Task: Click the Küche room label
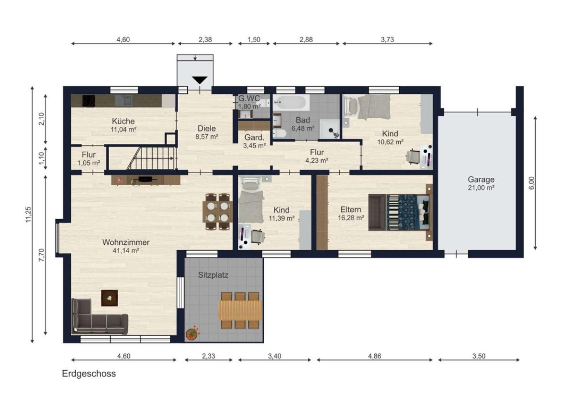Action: coord(123,121)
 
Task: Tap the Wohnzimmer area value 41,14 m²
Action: coord(126,251)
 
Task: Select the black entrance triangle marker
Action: coord(200,80)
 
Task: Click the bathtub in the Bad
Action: coord(292,103)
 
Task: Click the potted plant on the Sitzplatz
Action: coord(193,332)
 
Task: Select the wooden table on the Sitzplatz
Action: coord(240,310)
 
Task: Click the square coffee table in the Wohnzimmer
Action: coord(110,298)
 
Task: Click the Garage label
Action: coord(481,179)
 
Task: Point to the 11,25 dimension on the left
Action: coord(29,215)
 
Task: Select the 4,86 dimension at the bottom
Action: coord(374,356)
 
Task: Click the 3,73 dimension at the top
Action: coord(387,39)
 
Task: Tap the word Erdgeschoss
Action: coord(89,374)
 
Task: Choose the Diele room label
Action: coord(207,128)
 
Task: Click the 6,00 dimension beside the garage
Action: coord(531,183)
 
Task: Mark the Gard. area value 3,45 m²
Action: coord(254,145)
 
